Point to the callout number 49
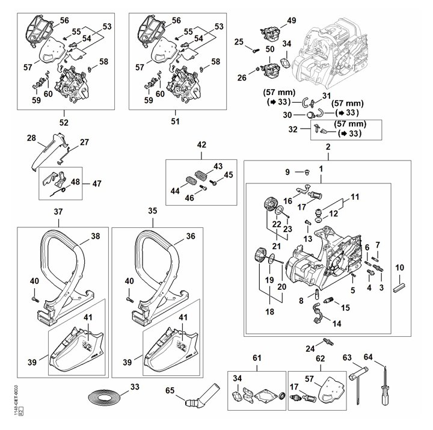pos(291,20)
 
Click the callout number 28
pos(32,138)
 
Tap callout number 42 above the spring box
pos(201,144)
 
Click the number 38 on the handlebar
pos(96,236)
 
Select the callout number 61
pos(257,358)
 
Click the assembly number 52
pos(64,122)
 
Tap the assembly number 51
pos(176,122)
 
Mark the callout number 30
pos(287,115)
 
